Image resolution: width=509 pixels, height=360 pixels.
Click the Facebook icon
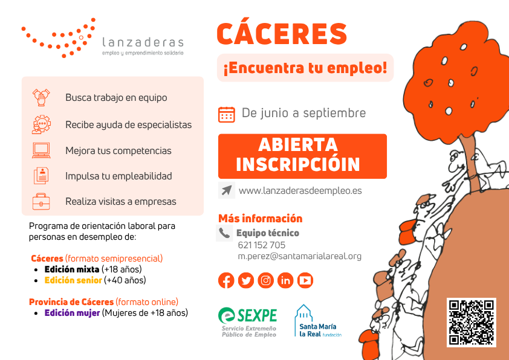[x=226, y=280]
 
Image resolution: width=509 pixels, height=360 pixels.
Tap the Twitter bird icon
[x=246, y=280]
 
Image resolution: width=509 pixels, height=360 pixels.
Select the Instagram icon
[x=266, y=280]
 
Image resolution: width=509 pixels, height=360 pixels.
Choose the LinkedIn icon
[x=285, y=280]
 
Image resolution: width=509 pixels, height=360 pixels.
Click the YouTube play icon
[x=305, y=280]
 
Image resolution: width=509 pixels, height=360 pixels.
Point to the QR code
[x=471, y=322]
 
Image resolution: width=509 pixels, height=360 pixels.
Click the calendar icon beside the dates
[x=226, y=114]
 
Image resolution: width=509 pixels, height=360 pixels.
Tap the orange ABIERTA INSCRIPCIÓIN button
[x=302, y=156]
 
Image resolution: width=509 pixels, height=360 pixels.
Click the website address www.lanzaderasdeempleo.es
[x=300, y=190]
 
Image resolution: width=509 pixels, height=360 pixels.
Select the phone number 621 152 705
[x=262, y=245]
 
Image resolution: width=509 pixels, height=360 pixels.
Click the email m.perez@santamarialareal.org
[x=300, y=256]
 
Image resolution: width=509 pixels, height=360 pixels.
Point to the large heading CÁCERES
[x=282, y=34]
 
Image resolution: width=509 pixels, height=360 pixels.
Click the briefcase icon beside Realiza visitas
[x=41, y=201]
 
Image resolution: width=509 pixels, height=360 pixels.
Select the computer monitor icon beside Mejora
[x=41, y=150]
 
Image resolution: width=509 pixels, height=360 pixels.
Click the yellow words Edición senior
[x=73, y=280]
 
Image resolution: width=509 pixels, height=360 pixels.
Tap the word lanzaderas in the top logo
[x=143, y=42]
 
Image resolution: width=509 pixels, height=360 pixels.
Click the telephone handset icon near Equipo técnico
[x=224, y=233]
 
